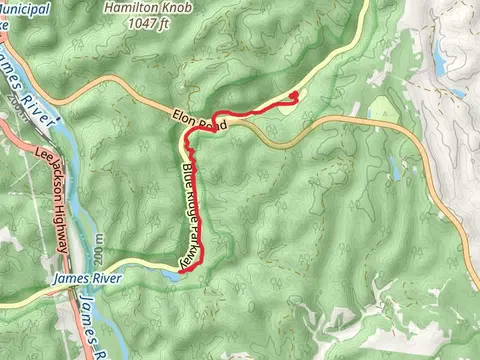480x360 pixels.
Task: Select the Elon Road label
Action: [200, 120]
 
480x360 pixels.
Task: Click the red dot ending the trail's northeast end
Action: [293, 96]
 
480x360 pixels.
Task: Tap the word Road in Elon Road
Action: [214, 123]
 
